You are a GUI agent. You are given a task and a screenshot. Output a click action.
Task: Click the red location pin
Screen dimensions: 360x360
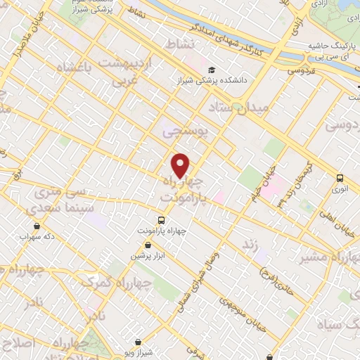[181, 165]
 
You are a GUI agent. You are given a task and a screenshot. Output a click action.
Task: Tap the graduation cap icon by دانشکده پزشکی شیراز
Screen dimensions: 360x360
[210, 70]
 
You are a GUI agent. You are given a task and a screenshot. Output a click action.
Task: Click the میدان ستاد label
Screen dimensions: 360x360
[239, 110]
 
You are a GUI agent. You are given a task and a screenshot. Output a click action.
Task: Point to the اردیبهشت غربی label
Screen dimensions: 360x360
[139, 73]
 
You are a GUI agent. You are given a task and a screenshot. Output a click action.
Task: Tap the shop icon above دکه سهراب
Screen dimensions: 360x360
[36, 226]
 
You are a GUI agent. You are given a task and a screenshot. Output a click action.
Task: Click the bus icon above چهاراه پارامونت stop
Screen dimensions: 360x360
[162, 220]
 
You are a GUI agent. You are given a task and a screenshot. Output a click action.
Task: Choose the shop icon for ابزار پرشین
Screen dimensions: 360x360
[148, 245]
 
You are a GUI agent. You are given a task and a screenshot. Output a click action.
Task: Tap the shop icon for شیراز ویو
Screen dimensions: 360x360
[137, 341]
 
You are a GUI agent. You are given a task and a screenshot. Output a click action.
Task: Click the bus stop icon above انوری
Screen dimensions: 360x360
[340, 177]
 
